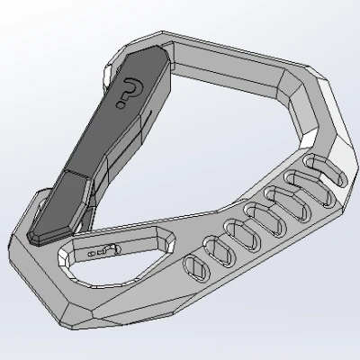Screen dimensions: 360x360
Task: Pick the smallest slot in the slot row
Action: click(x=194, y=265)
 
